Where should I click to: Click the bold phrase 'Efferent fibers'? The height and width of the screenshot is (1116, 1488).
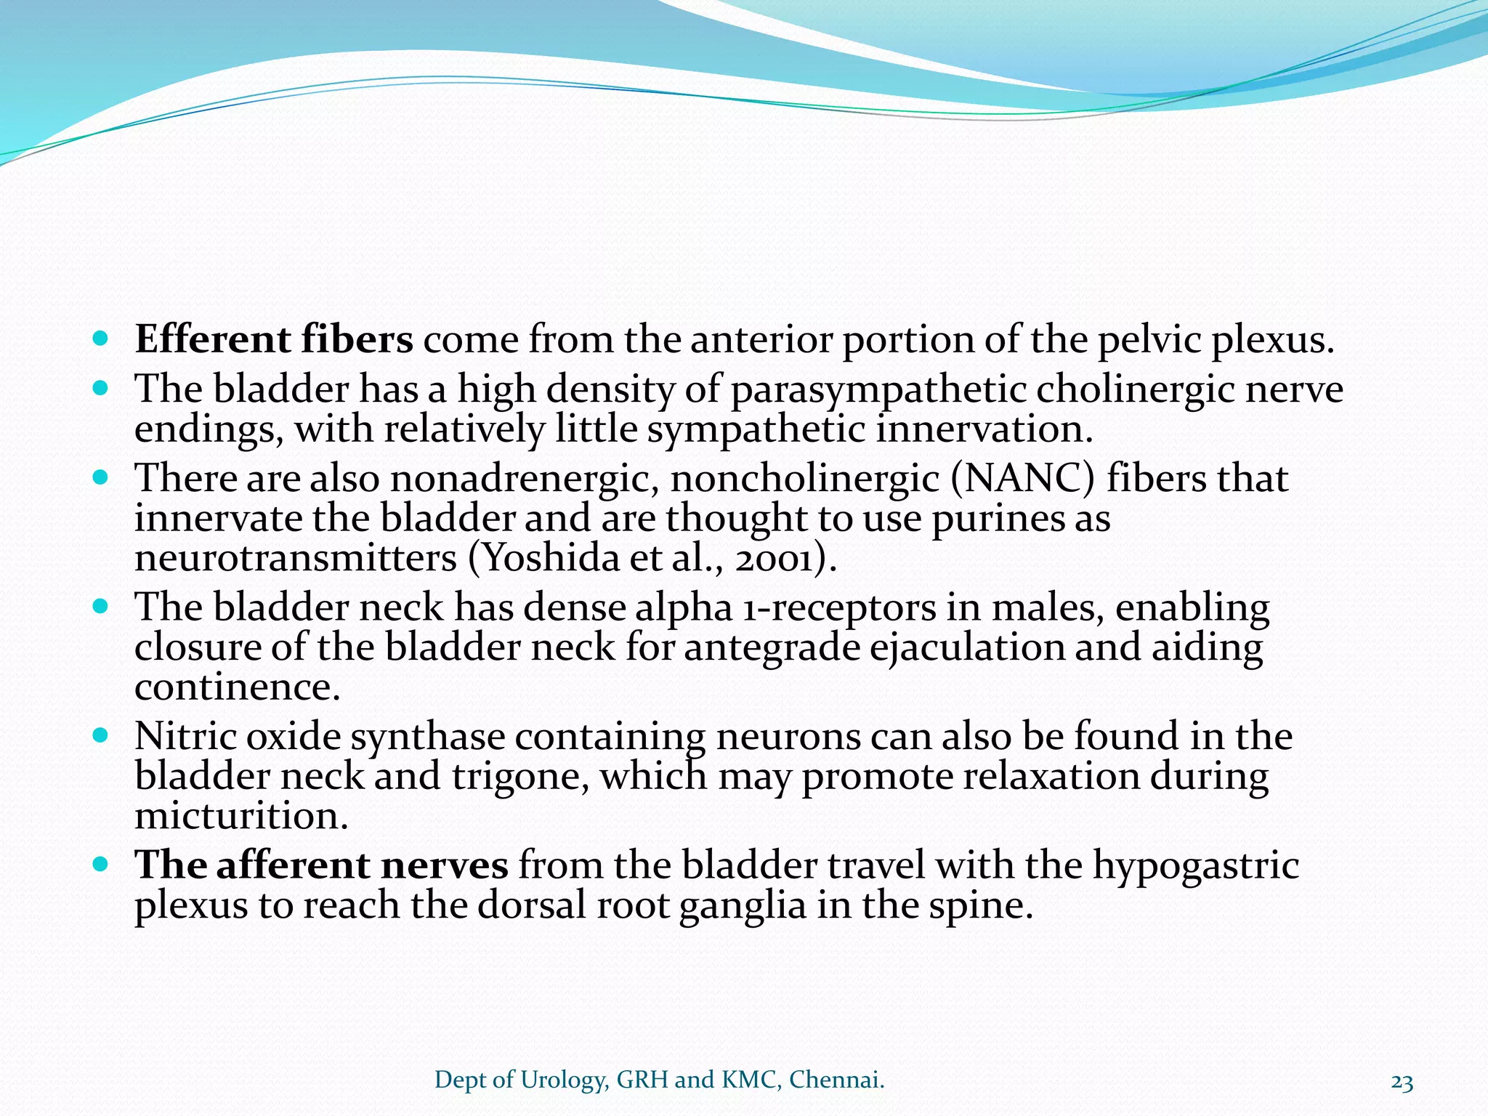[274, 340]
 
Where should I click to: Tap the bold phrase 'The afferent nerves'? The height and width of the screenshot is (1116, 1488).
[322, 866]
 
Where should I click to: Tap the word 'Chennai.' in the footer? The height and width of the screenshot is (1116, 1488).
[837, 1080]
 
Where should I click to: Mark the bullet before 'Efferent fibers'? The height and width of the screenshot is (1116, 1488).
[101, 339]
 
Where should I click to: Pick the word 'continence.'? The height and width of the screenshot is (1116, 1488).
[237, 687]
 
